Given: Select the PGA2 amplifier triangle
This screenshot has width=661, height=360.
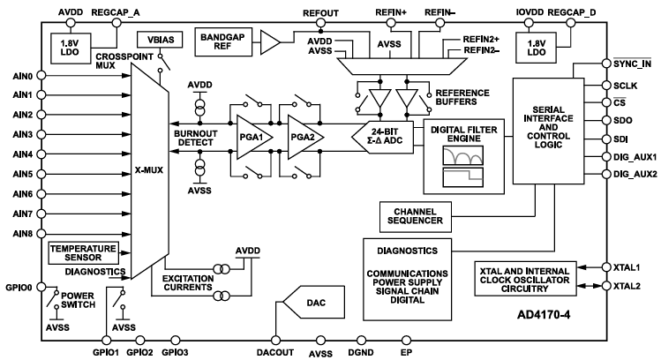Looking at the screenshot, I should (x=299, y=138).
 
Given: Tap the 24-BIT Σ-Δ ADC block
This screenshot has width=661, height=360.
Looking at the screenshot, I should (x=380, y=138).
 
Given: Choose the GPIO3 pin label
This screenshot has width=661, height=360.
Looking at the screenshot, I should (x=175, y=352).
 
